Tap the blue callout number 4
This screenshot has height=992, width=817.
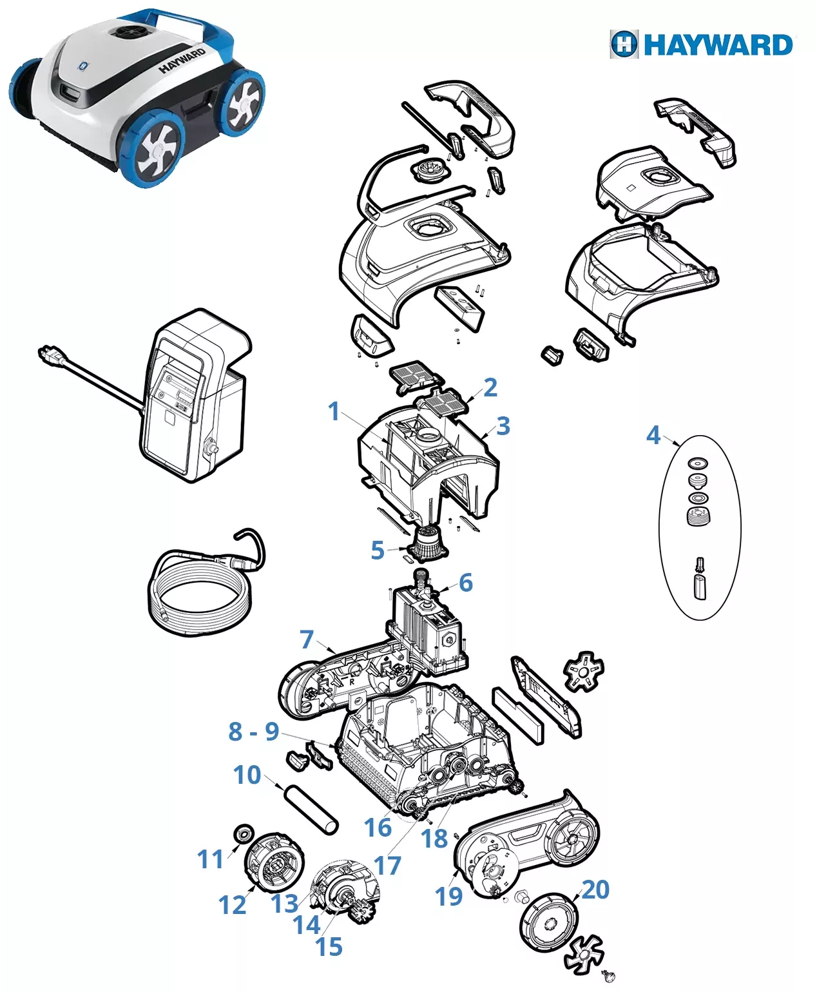[653, 435]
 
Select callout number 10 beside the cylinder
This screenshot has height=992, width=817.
[247, 775]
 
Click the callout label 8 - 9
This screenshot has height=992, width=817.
[253, 732]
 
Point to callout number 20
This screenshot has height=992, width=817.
[595, 890]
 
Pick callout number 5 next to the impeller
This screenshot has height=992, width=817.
[378, 550]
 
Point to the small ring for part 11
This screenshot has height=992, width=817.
[243, 833]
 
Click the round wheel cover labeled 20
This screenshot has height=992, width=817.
[549, 922]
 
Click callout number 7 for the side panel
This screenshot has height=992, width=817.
[307, 639]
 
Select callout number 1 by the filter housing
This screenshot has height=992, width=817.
[333, 411]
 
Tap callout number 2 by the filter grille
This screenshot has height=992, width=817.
[490, 387]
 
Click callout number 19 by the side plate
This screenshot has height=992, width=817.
[448, 896]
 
